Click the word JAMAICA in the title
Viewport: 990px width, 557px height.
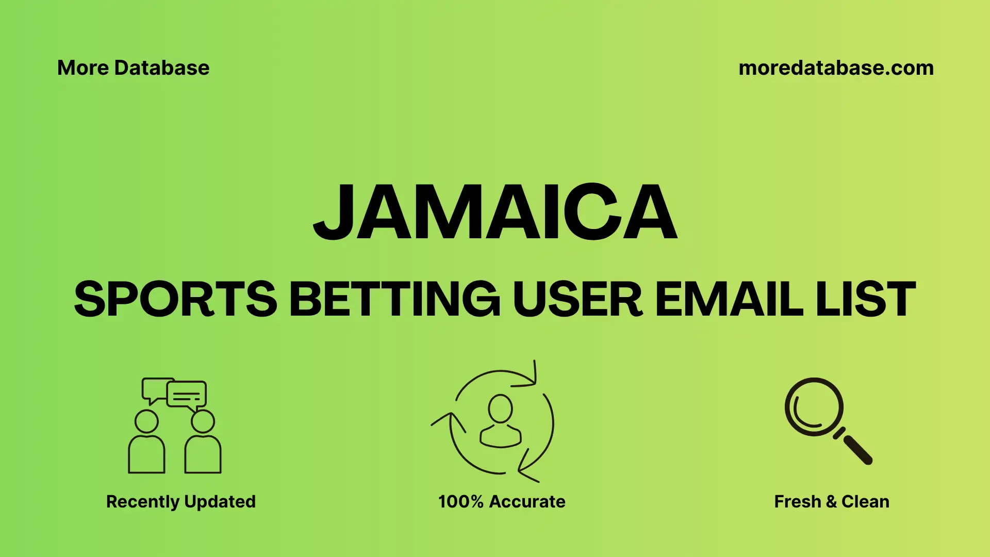(495, 212)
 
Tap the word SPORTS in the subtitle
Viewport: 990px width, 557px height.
(175, 299)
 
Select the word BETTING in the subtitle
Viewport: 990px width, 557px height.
(394, 299)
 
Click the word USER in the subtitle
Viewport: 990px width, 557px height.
(577, 299)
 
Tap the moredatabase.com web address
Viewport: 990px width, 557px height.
(836, 68)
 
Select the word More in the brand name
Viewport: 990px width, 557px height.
(82, 68)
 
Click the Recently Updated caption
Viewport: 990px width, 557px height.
(180, 501)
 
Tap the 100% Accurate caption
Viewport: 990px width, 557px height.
(501, 501)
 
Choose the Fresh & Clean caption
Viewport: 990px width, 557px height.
(831, 501)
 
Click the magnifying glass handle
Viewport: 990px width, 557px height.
(856, 449)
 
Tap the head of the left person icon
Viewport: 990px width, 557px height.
(146, 421)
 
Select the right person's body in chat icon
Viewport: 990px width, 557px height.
(203, 455)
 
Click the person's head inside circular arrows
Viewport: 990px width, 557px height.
(500, 408)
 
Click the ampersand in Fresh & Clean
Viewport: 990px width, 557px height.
(831, 501)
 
